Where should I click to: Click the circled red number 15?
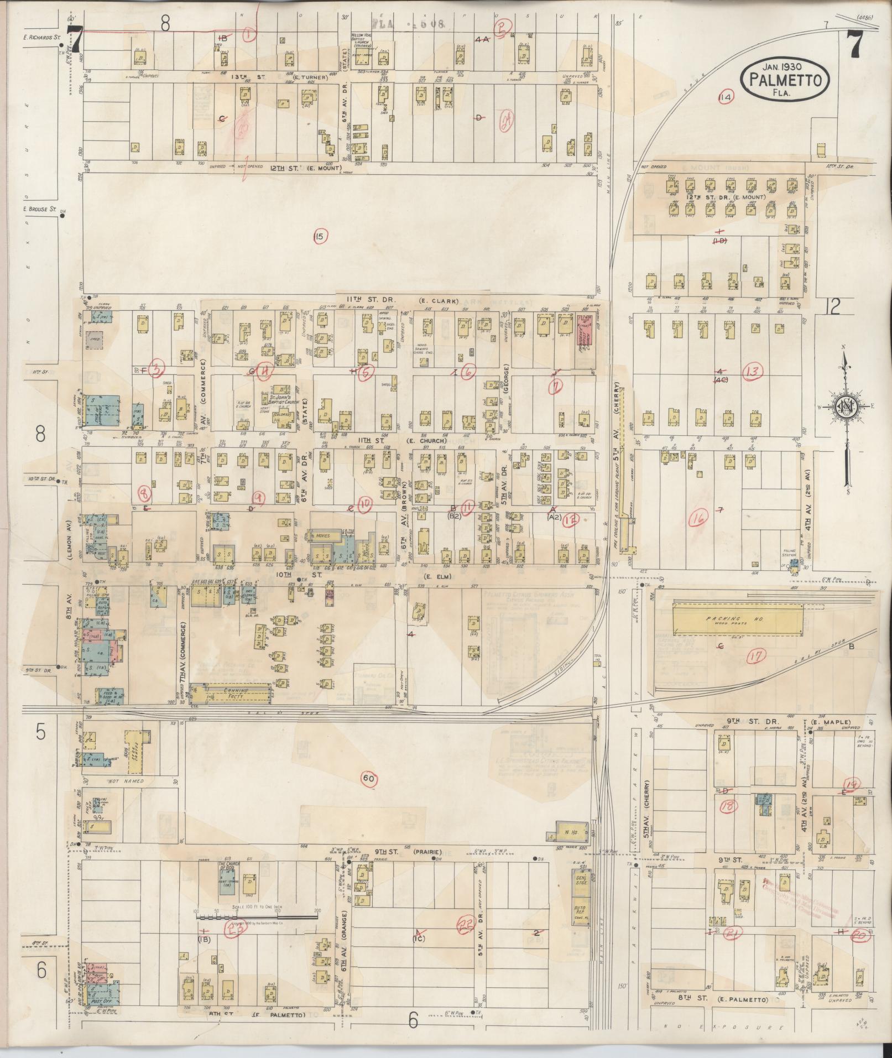(x=319, y=237)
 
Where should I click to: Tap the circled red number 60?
(x=369, y=779)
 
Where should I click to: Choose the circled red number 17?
(x=756, y=657)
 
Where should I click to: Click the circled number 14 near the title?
(x=725, y=97)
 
